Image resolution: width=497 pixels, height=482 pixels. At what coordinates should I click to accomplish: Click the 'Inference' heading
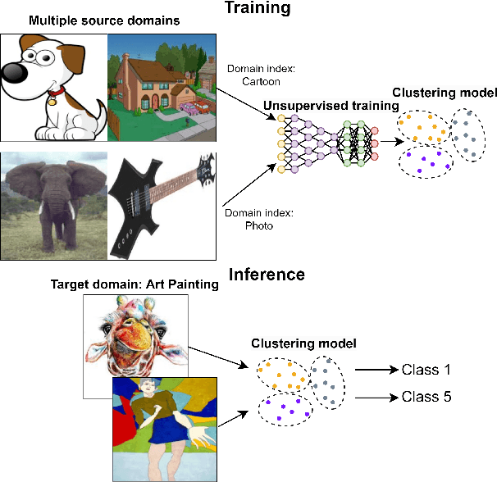click(268, 275)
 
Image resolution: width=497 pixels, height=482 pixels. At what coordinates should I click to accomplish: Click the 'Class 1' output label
click(426, 370)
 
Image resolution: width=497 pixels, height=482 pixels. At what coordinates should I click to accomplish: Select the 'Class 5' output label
click(426, 397)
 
